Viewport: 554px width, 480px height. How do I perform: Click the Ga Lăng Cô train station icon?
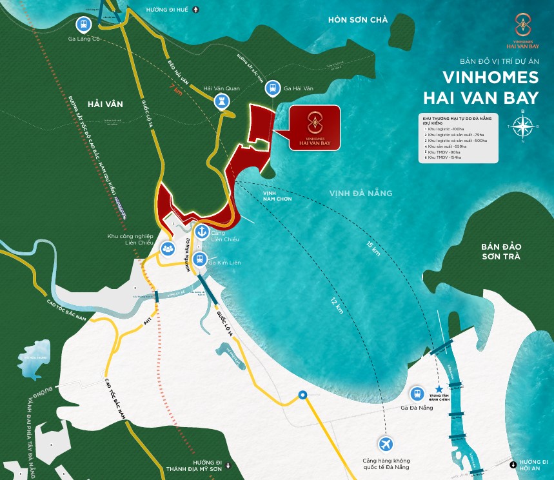pyautogui.click(x=82, y=25)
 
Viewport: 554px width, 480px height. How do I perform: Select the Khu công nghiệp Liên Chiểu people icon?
pyautogui.click(x=168, y=247)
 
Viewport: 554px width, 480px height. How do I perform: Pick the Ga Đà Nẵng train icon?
pyautogui.click(x=417, y=393)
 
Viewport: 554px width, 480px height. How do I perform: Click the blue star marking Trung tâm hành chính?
pyautogui.click(x=439, y=391)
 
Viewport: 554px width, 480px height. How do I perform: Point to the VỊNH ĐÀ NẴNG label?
pyautogui.click(x=361, y=193)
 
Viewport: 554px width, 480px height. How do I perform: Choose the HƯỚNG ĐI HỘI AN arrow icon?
pyautogui.click(x=513, y=463)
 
